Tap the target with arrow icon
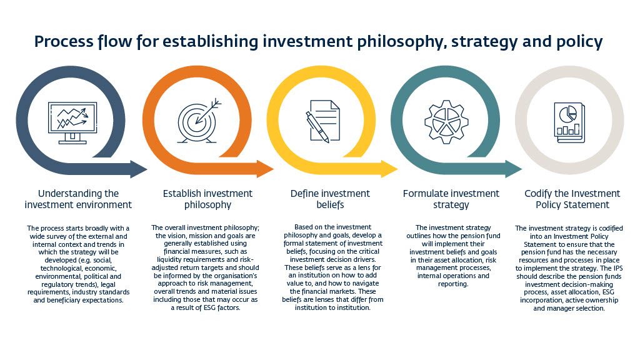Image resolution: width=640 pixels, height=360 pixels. coord(198,121)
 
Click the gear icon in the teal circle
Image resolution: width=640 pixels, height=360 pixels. coord(446,122)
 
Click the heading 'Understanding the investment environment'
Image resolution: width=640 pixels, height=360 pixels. coord(78,199)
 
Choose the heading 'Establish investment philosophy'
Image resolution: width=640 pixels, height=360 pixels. coord(207,199)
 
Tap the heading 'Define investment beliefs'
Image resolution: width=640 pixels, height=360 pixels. coord(330,199)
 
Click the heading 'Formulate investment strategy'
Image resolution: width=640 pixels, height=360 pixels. coord(451,199)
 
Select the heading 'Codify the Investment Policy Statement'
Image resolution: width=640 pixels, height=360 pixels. coord(572,199)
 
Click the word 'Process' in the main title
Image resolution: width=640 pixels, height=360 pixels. coord(64,42)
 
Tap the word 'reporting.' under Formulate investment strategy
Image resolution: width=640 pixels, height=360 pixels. coord(453,284)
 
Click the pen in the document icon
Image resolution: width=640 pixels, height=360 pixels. coord(317,127)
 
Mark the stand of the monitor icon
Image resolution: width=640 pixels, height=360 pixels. coord(72,139)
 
